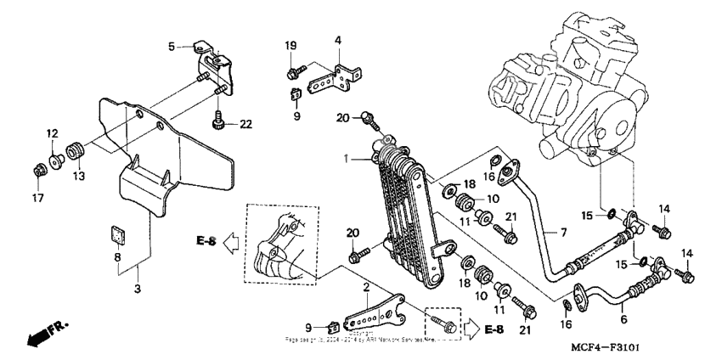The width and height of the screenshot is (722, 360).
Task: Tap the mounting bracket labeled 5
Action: click(x=212, y=67)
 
